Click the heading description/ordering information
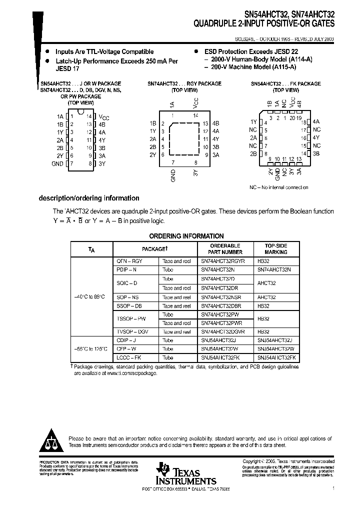point(89,198)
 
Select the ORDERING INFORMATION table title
point(186,236)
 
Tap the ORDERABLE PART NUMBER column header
point(225,249)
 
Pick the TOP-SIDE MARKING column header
point(275,249)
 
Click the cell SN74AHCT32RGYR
point(222,261)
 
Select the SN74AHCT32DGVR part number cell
point(222,331)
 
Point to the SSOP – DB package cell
point(129,305)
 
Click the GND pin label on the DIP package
point(57,163)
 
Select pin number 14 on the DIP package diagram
point(89,116)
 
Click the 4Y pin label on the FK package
point(316,137)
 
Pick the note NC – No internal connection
point(278,187)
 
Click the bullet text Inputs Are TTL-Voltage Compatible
point(104,51)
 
